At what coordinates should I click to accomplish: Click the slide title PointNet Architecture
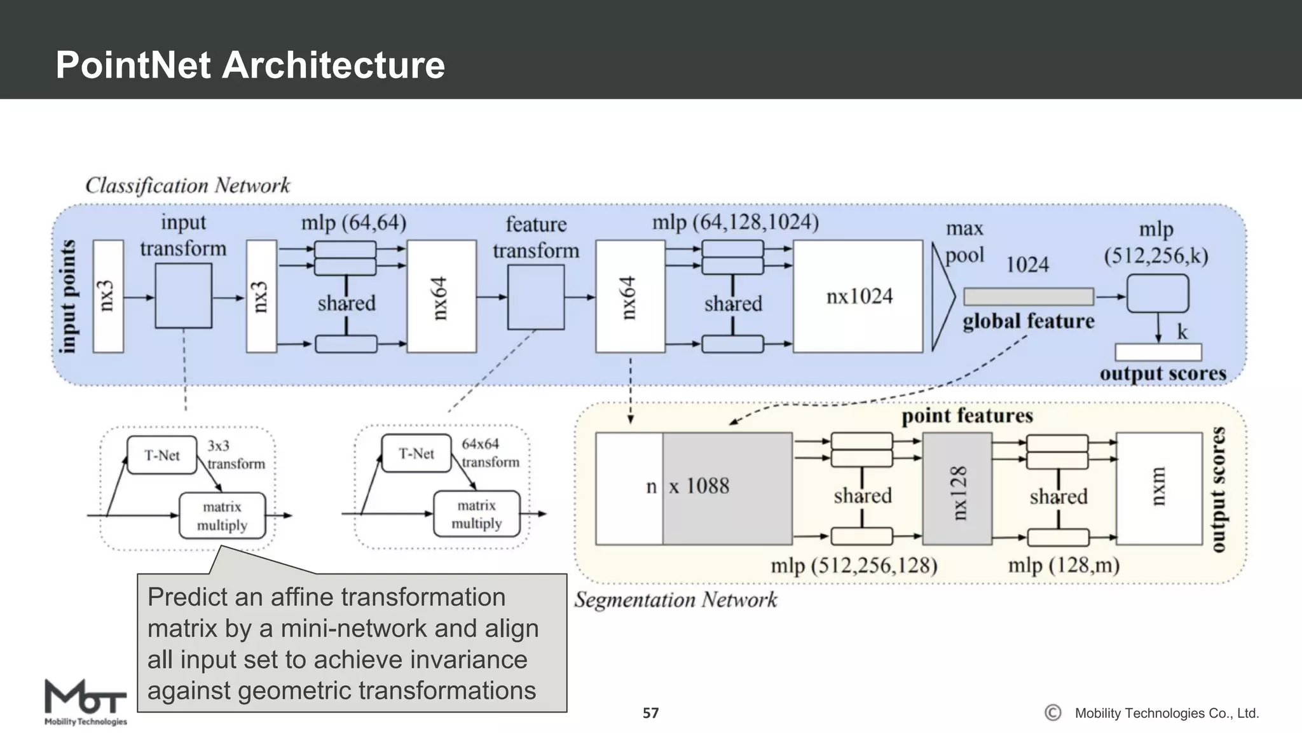click(x=250, y=65)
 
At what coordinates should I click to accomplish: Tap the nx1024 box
click(x=858, y=297)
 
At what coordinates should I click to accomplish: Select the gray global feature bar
click(x=1028, y=297)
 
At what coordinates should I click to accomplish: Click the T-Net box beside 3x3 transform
click(x=161, y=455)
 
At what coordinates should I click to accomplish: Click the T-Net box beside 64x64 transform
click(x=416, y=454)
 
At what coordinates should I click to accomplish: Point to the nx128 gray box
click(x=957, y=489)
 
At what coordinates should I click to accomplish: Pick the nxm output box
click(x=1158, y=489)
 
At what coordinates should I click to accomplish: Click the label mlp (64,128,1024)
click(x=735, y=222)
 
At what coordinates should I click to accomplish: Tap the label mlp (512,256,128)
click(x=853, y=565)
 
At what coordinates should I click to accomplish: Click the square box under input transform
click(x=183, y=296)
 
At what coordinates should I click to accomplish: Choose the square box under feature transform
click(x=535, y=297)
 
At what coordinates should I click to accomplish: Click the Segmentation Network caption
click(x=675, y=599)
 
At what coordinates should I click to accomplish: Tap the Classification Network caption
click(x=188, y=185)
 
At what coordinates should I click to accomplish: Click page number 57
click(x=650, y=713)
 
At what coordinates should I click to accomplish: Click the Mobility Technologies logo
click(x=85, y=702)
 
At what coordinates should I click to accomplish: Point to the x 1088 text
click(x=699, y=486)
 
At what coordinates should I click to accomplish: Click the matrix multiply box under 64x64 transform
click(x=476, y=514)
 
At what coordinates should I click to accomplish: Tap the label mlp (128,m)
click(x=1063, y=565)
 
